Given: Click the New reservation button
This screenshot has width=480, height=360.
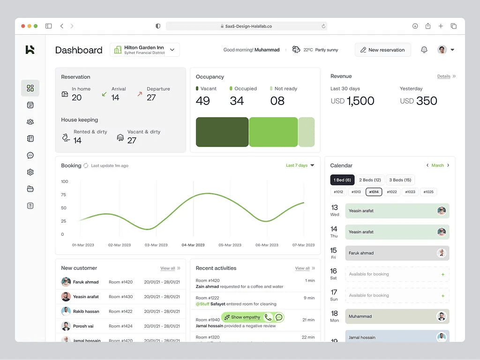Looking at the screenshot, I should [382, 50].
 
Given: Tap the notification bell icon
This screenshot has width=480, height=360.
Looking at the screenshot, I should [424, 50].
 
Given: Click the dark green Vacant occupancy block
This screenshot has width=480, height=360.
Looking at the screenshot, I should [222, 132].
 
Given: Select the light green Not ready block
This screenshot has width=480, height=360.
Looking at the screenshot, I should [306, 132].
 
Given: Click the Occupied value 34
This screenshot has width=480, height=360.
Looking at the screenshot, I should [237, 101].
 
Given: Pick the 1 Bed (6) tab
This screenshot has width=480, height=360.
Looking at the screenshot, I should [342, 180].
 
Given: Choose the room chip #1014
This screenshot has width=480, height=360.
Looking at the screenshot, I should [374, 192].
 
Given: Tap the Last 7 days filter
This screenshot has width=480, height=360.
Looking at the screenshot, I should [300, 165].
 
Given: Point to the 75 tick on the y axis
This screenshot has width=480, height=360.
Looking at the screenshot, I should [64, 195].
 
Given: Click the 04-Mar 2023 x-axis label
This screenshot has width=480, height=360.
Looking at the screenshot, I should [193, 245].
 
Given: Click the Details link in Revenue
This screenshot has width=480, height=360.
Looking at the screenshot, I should [444, 76].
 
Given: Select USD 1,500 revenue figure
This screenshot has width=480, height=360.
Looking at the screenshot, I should [352, 101].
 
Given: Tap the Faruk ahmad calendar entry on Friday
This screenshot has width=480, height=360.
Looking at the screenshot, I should [397, 253].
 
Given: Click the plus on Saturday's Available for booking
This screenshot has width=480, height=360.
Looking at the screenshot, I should [442, 274].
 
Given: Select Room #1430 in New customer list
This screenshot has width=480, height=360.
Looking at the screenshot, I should [120, 297].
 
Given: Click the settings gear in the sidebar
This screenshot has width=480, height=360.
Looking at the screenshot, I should [30, 172].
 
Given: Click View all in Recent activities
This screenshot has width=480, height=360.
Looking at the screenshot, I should [302, 269].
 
